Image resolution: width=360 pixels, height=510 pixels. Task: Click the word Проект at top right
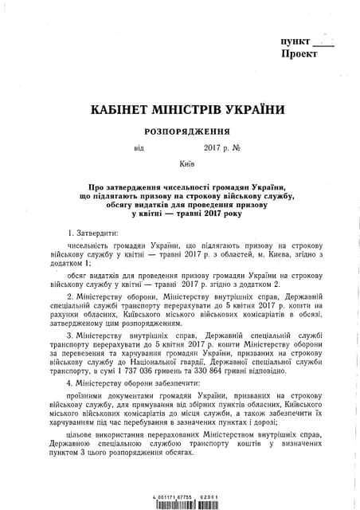(299, 54)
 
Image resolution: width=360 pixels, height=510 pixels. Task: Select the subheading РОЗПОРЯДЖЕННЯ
(187, 131)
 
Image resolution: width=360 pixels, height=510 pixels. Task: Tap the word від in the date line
(139, 148)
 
